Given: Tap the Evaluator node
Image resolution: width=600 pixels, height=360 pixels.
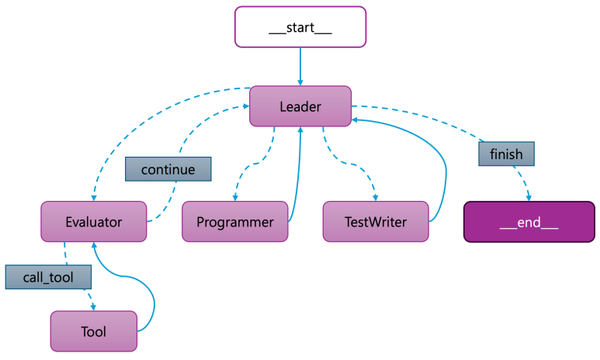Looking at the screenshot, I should [x=93, y=221].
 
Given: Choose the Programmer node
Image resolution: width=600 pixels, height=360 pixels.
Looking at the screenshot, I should [x=234, y=221].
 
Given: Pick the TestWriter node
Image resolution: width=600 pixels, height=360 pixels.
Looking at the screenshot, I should [x=376, y=221].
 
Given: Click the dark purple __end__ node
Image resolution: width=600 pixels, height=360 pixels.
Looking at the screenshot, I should [x=529, y=222].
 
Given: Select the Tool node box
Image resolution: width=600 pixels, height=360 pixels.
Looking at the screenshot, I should [x=93, y=331].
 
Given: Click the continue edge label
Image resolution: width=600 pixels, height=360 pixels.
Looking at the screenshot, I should [x=168, y=169].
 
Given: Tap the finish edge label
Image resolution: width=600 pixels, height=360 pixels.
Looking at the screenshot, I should [x=506, y=154].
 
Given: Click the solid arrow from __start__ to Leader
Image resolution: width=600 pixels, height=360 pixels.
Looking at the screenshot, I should [x=300, y=65].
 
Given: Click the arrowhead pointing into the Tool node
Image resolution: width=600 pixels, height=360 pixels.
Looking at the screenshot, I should [x=94, y=306].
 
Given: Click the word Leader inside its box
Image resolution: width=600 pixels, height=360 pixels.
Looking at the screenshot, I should [x=300, y=106].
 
